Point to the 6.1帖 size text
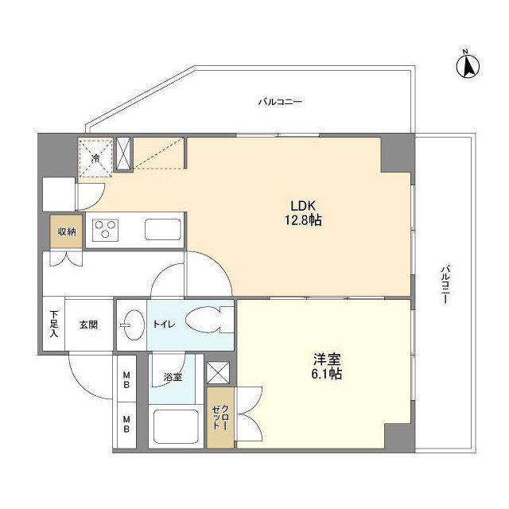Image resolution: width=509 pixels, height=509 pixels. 325,374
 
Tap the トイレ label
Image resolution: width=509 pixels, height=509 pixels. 162,324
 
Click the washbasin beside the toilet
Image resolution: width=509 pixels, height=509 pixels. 130,324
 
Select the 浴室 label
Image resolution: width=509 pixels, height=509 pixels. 173,377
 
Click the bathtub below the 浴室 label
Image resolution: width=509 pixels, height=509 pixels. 175,429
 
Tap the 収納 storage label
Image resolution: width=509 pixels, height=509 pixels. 66,231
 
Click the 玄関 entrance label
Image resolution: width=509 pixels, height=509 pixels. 88,324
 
